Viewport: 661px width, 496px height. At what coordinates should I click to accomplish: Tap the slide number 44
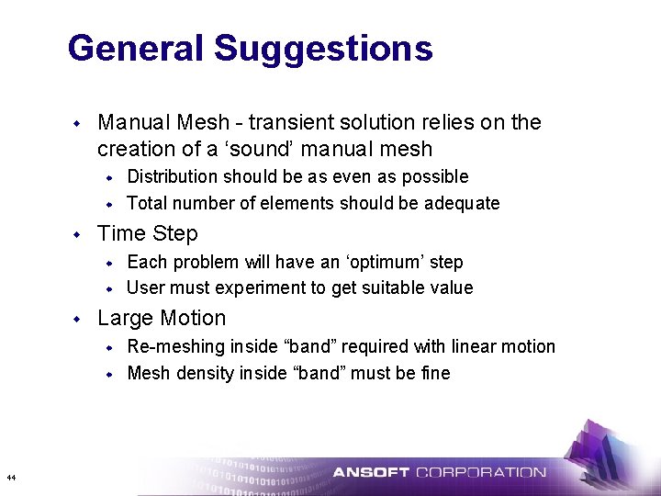point(10,478)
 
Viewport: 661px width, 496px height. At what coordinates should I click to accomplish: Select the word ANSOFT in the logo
point(370,473)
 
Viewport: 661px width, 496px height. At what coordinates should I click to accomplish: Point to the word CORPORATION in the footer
point(481,473)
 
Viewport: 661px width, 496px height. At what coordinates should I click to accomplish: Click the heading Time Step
point(148,233)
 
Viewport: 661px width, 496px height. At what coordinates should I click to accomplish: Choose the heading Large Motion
point(162,319)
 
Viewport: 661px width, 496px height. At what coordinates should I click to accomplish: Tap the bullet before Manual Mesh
point(79,122)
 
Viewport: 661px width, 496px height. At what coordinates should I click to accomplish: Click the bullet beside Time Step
point(79,233)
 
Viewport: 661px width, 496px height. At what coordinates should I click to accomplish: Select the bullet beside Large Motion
point(79,319)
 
